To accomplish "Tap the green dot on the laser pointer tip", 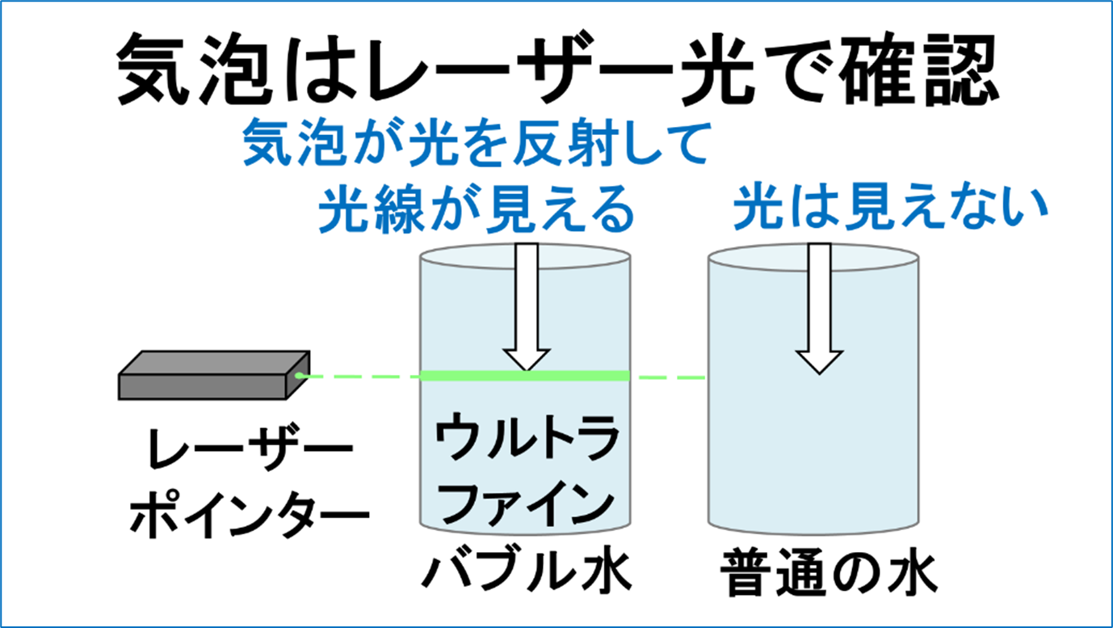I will pos(299,375).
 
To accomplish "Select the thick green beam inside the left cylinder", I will pos(525,375).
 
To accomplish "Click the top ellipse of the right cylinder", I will pos(813,257).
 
